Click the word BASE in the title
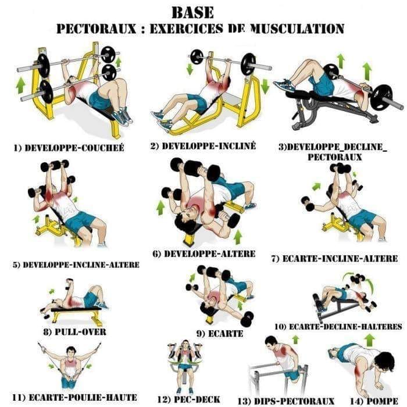point(193,12)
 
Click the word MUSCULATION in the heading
point(298,28)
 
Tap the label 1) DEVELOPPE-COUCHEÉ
point(69,148)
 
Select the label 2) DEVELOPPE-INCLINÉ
point(203,145)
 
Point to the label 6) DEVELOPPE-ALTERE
point(204,254)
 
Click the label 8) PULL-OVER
point(75,331)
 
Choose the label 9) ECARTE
point(220,333)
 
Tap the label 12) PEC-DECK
point(189,399)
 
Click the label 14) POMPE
point(374,401)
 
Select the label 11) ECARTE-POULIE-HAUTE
point(75,397)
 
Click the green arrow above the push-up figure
point(370,340)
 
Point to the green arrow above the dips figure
point(295,340)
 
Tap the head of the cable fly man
point(70,352)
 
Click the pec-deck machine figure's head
point(185,344)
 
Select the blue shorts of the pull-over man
point(90,299)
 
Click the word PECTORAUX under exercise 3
point(334,157)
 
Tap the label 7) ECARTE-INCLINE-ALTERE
point(334,259)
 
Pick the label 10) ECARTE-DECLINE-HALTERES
point(338,326)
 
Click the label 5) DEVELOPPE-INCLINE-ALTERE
point(76,265)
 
